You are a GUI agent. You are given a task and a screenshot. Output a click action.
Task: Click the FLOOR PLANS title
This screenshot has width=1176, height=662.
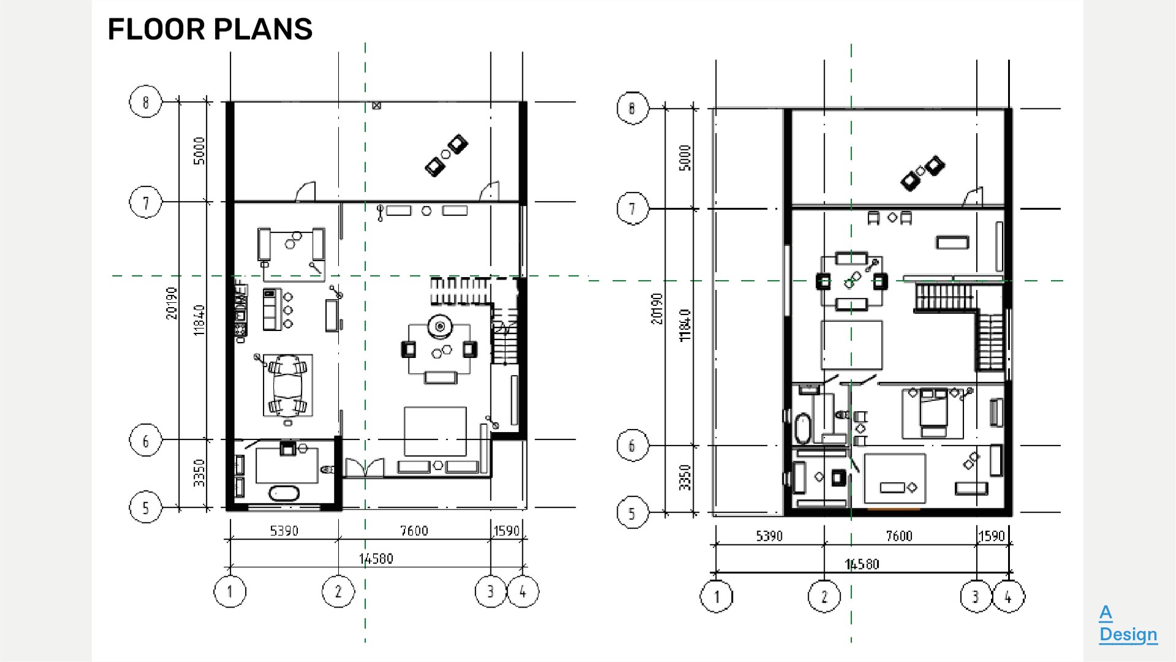210,29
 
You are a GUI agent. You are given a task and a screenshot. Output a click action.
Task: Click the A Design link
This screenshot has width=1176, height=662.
1128,623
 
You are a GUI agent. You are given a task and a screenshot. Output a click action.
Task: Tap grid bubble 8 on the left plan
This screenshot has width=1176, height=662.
145,102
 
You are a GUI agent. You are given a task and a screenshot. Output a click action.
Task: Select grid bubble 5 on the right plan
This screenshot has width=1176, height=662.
632,513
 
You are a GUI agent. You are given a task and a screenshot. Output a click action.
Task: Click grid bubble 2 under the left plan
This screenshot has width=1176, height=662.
338,592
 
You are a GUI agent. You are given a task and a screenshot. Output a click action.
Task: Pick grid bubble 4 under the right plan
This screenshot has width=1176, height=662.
1008,596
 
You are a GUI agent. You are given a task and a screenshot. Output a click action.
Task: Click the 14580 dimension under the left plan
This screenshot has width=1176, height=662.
376,558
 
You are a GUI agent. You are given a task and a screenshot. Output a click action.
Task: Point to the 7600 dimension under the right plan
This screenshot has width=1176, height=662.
899,536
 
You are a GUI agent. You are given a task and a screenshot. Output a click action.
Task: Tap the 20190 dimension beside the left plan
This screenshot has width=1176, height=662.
172,303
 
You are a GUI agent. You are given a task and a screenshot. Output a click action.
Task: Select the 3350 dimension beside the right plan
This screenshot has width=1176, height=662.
685,477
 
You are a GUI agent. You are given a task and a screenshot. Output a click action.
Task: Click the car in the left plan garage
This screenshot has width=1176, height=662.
287,385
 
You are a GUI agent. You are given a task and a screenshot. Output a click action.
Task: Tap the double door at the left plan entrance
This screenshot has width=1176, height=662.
364,468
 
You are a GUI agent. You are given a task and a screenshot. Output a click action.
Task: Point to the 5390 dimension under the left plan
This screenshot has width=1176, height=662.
284,531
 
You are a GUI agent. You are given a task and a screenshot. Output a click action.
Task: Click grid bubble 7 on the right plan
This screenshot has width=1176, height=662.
632,208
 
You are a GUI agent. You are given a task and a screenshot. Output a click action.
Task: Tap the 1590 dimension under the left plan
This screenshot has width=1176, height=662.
506,531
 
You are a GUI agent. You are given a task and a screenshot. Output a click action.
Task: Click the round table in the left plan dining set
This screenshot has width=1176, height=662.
439,327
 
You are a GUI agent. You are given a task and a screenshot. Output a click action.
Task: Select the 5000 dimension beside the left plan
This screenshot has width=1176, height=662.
199,150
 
